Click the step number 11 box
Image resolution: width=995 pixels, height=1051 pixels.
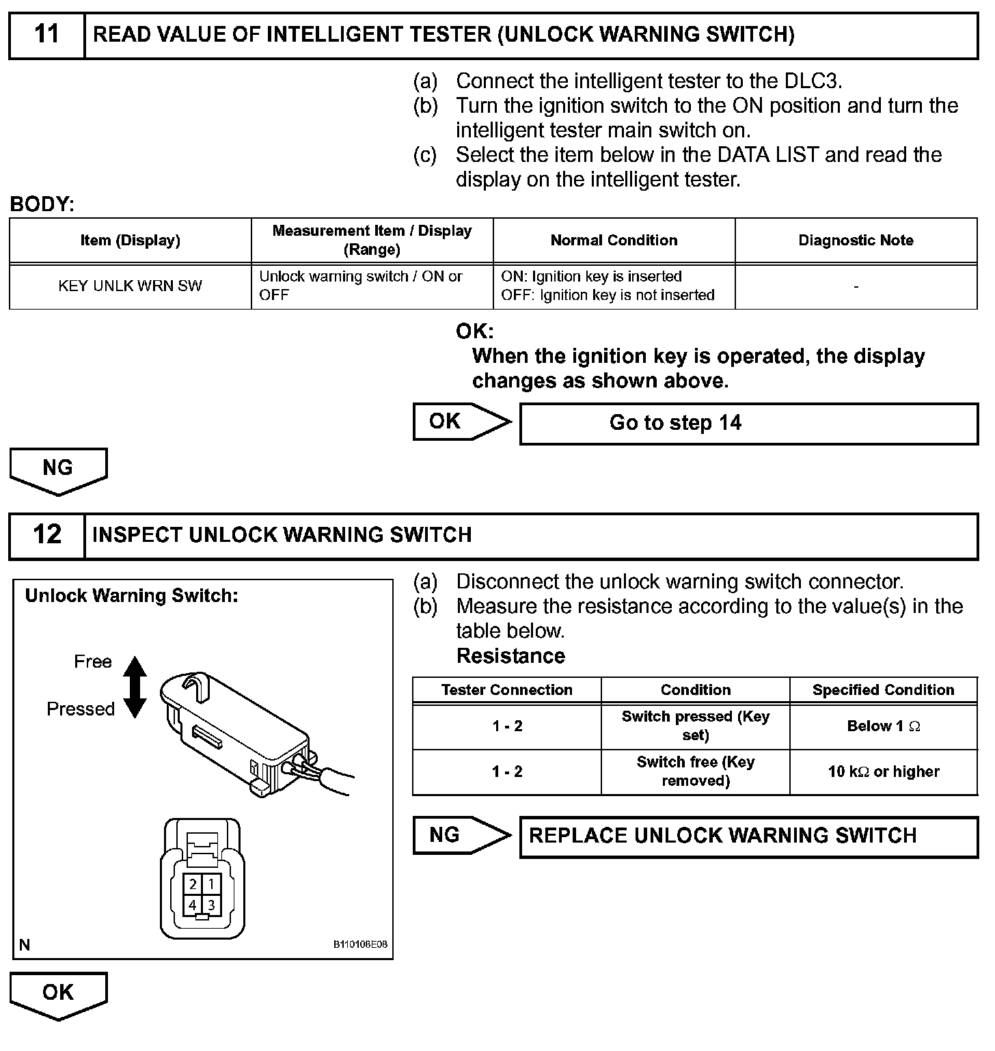pos(46,35)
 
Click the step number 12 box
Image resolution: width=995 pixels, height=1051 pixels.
pos(46,535)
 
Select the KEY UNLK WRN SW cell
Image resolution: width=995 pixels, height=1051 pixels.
pos(130,286)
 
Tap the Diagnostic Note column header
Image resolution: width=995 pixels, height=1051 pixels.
pos(856,241)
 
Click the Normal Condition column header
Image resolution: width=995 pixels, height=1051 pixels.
pos(614,241)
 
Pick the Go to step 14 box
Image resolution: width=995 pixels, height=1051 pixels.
pos(748,424)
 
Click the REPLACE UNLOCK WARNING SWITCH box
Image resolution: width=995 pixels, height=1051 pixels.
pos(748,836)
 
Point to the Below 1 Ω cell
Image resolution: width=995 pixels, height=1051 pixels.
pos(883,726)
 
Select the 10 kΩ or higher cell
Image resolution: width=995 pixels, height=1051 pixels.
pos(883,772)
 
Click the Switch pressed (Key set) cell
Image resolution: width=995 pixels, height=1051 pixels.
pos(695,726)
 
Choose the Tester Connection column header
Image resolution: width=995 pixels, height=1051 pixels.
pos(506,690)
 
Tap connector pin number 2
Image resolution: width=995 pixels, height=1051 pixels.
pos(193,884)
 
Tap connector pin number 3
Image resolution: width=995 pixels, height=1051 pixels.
pos(211,905)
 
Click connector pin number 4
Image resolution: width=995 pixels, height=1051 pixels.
pos(193,905)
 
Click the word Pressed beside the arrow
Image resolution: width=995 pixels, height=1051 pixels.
pos(81,709)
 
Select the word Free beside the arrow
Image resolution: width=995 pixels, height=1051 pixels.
pos(92,661)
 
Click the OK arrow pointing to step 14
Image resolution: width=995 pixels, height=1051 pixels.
pos(461,422)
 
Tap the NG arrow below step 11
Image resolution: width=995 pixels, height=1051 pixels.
pos(58,470)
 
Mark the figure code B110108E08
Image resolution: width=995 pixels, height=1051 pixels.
pos(360,945)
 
